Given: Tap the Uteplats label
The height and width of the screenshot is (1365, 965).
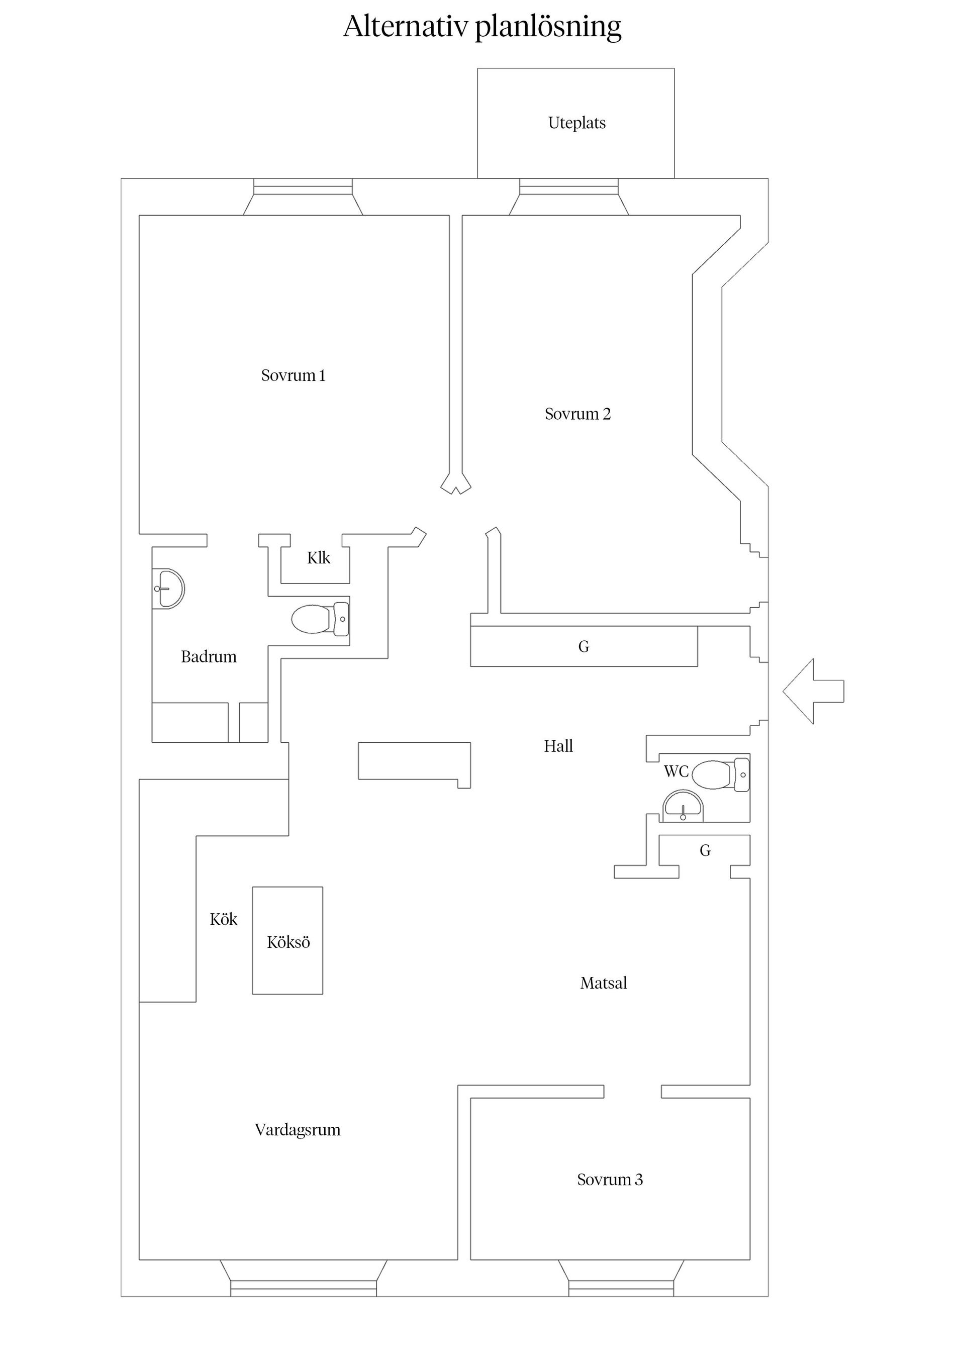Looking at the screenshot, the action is point(577,123).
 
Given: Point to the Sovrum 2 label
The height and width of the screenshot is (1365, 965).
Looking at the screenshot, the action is point(577,414).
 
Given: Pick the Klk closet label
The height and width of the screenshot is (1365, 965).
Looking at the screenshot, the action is point(318,558).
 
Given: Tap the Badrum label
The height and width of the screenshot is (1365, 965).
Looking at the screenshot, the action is point(209,657).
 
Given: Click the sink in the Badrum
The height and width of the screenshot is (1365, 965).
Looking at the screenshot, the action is point(169,589).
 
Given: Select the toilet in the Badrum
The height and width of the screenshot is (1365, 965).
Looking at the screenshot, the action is point(320,619).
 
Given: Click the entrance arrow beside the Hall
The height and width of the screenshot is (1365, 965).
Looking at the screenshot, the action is point(813,691).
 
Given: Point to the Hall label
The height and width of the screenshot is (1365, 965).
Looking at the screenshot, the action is point(558,746).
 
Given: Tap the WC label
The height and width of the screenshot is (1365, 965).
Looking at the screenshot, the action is point(676,771).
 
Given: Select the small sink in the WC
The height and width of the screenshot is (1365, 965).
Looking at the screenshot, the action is point(683,806).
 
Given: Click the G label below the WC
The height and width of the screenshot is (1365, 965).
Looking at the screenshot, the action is point(705,851).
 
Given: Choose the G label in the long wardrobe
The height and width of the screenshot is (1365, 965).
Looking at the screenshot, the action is point(584,647).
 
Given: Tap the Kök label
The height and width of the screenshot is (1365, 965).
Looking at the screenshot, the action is point(224,920).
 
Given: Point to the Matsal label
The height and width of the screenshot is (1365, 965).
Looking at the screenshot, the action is point(604,984).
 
